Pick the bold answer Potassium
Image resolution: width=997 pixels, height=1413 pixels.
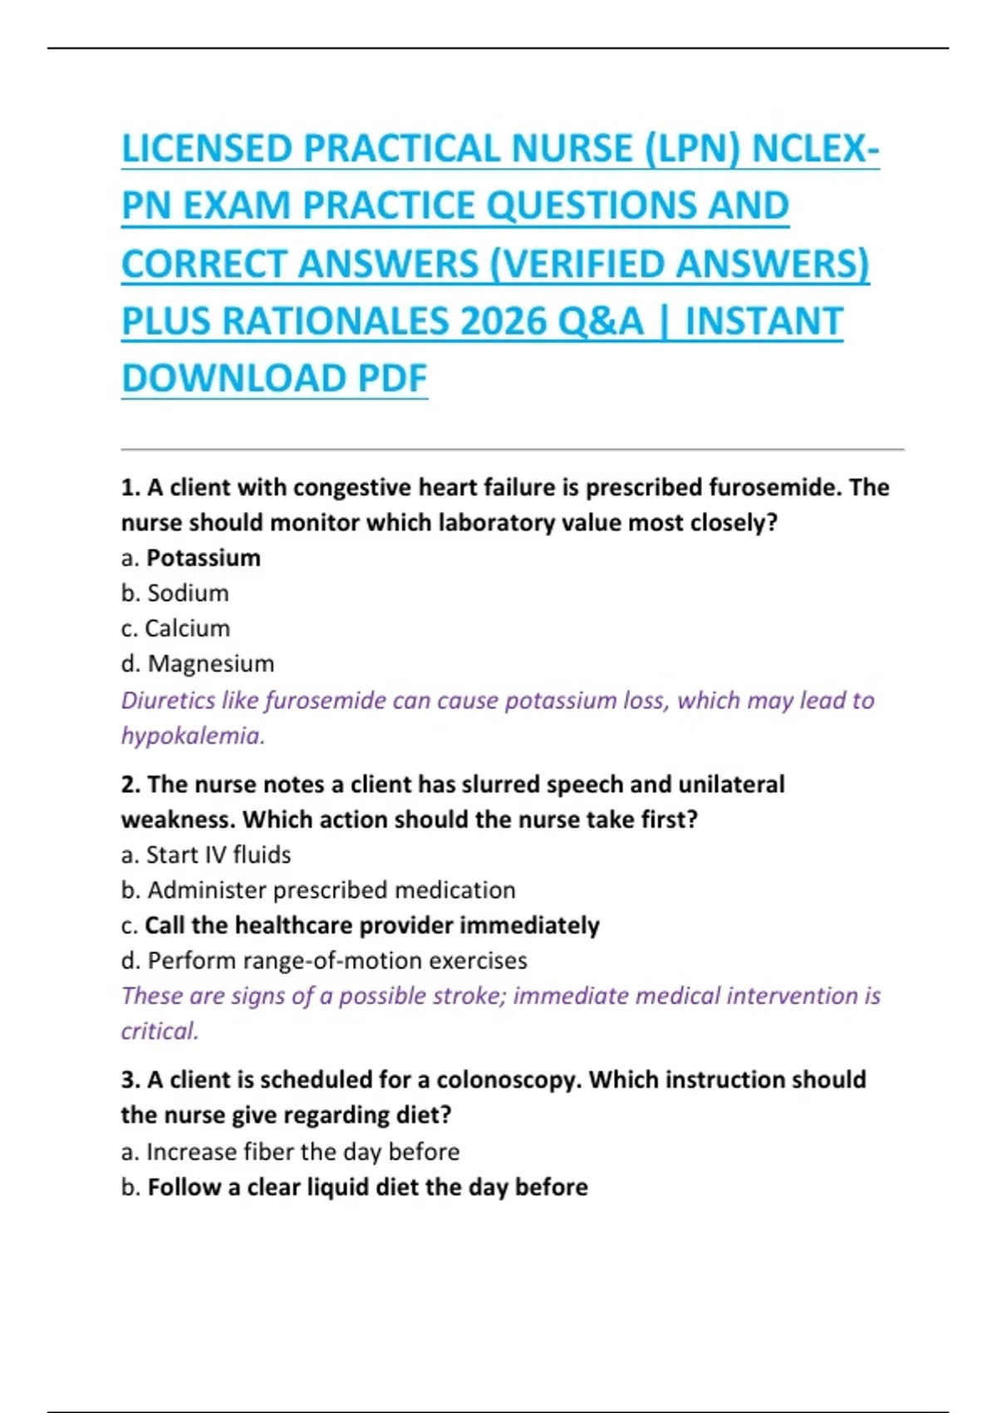[x=204, y=558]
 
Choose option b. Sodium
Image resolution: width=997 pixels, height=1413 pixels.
[x=175, y=593]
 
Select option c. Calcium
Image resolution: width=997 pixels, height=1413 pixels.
[x=175, y=628]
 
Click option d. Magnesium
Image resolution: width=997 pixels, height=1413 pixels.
[x=198, y=663]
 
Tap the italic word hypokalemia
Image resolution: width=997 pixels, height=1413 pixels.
[x=192, y=736]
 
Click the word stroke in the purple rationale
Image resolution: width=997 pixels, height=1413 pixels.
[x=464, y=996]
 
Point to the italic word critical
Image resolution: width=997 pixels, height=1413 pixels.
[x=160, y=1031]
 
